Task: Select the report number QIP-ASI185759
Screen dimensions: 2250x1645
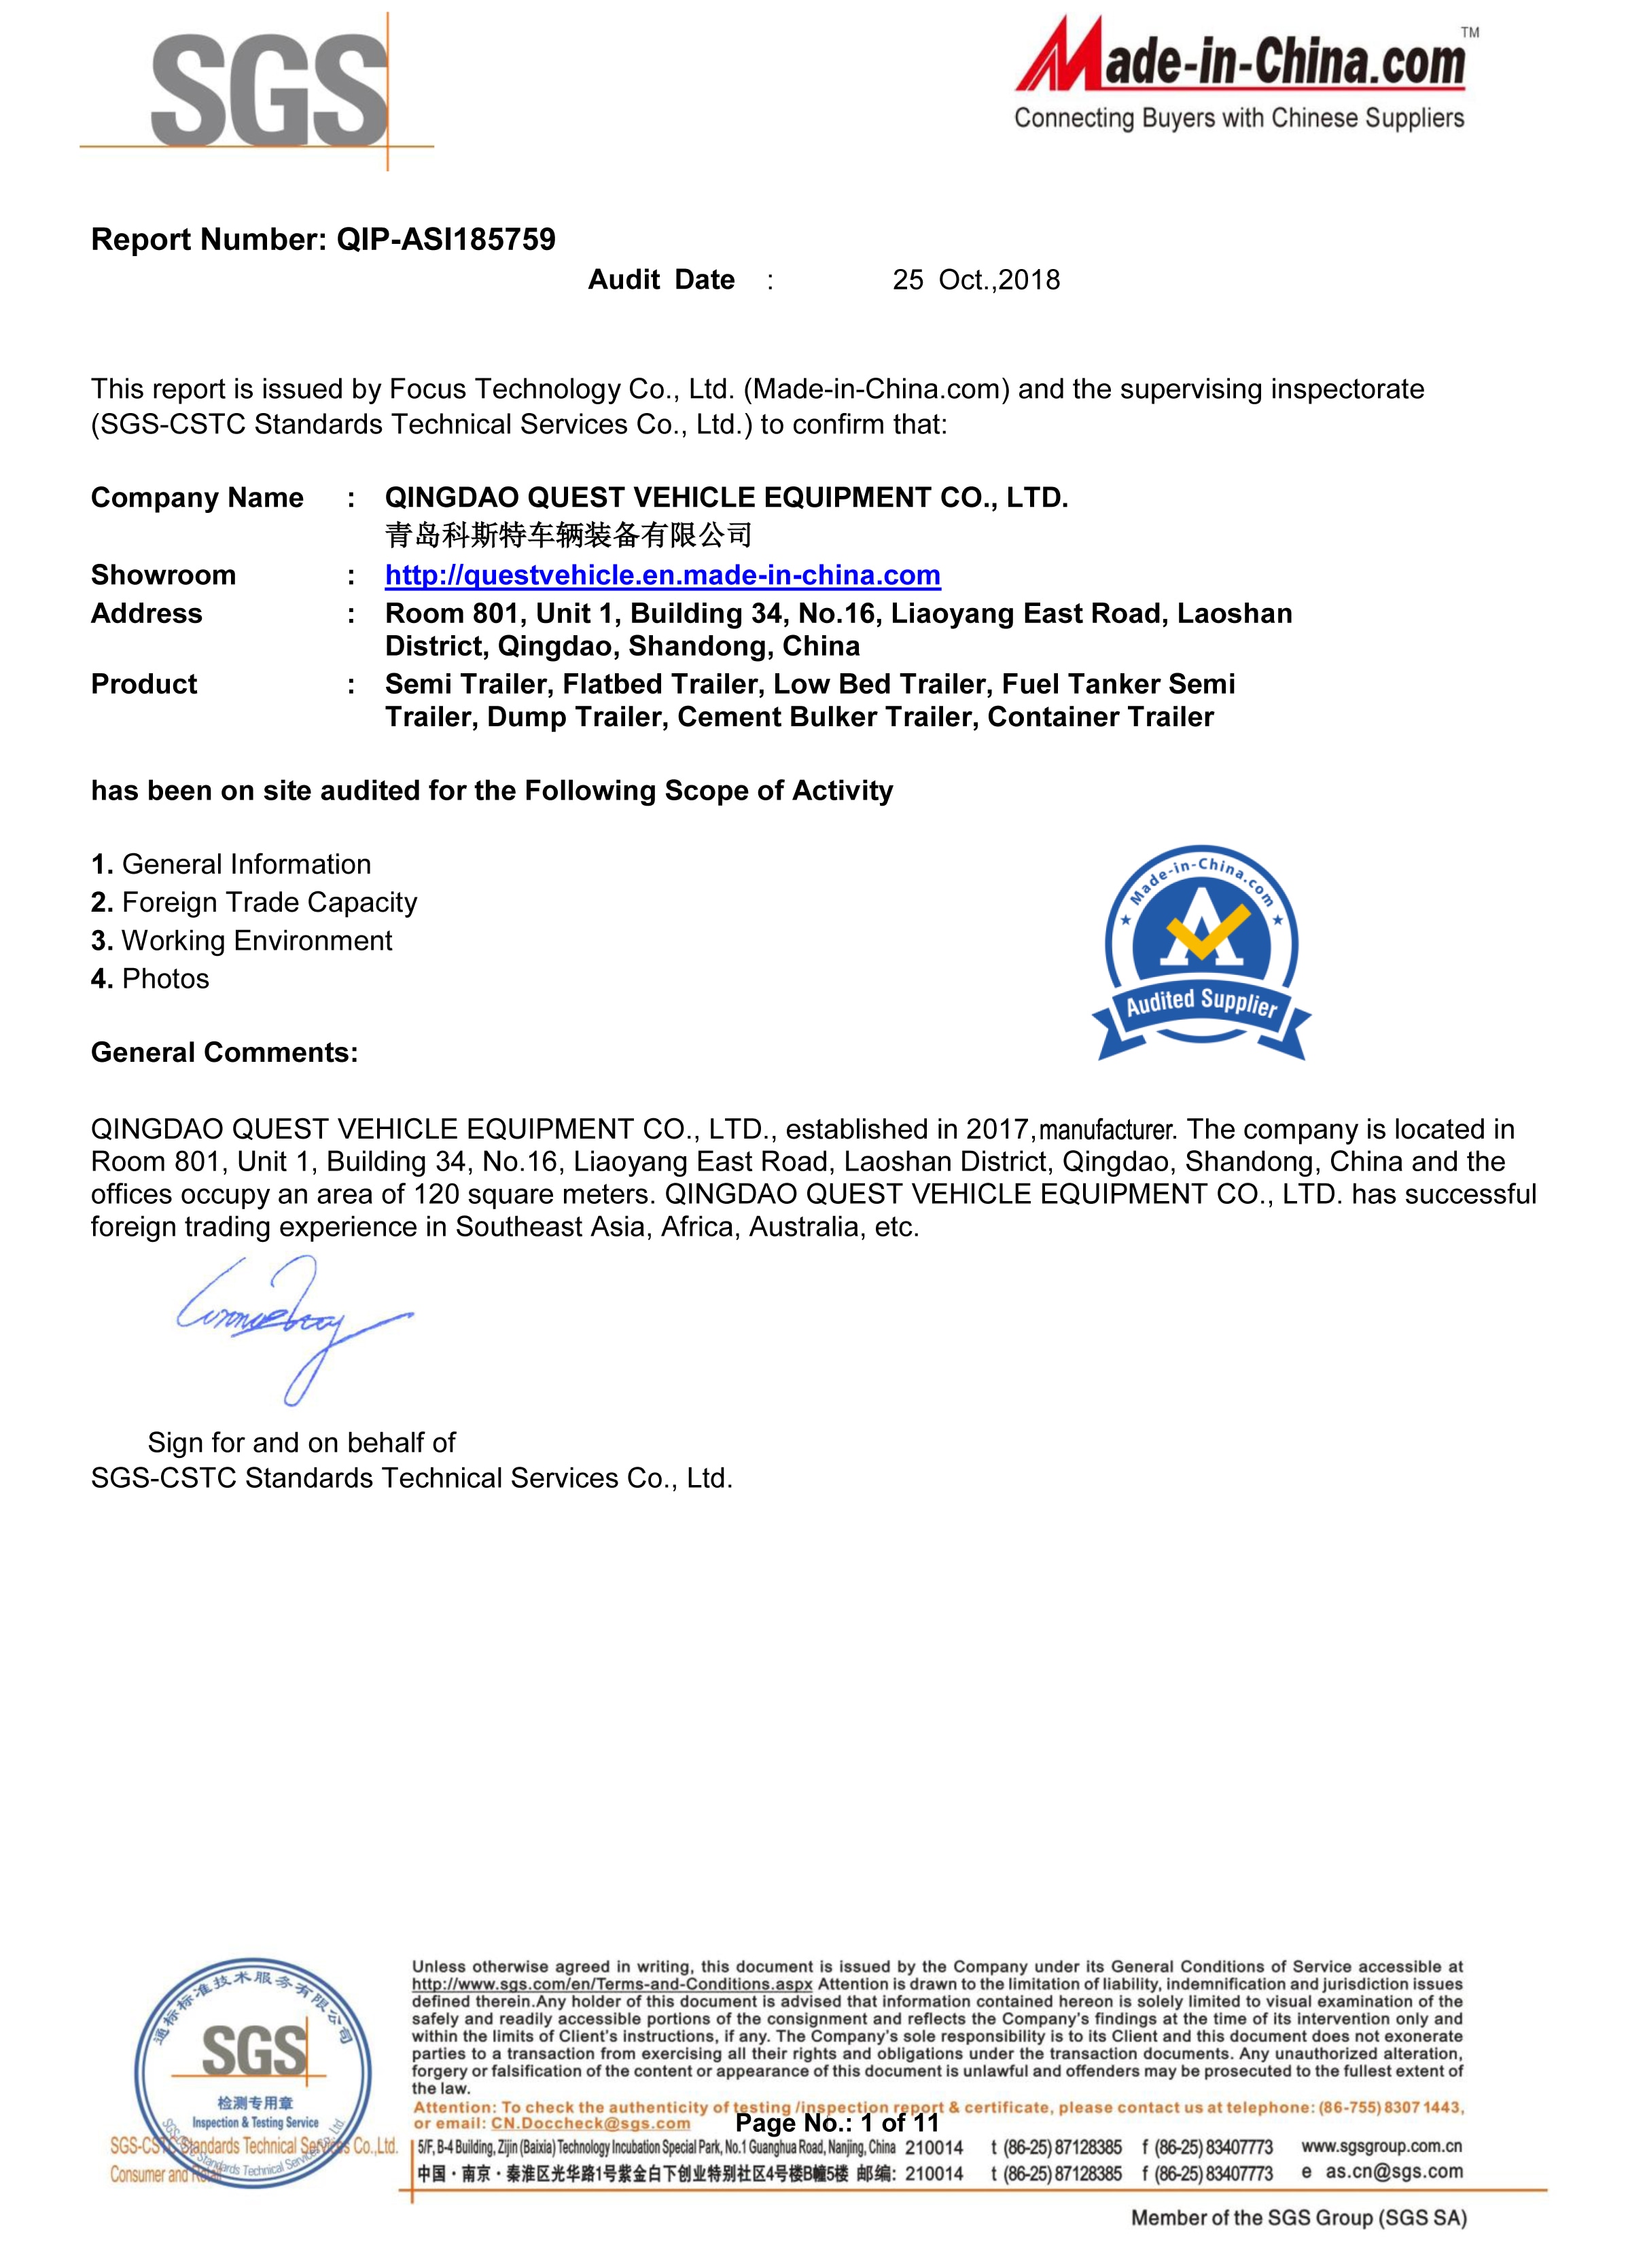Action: click(446, 240)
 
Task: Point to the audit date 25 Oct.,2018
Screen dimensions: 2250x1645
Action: click(976, 281)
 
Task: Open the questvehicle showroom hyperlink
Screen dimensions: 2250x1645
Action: click(662, 575)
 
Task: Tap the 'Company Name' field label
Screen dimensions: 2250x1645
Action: click(197, 498)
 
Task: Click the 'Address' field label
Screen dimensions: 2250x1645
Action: click(146, 613)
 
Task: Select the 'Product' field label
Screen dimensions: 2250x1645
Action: click(144, 684)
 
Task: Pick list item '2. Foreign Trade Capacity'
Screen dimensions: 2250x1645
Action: click(254, 902)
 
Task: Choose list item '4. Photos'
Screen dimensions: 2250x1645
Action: click(150, 979)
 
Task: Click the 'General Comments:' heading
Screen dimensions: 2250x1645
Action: click(224, 1052)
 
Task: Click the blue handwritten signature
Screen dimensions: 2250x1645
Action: click(289, 1324)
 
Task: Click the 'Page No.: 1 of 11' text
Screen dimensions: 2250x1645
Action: click(837, 2122)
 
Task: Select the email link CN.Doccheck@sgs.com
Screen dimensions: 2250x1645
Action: click(590, 2124)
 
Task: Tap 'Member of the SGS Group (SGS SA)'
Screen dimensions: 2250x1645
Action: click(1298, 2218)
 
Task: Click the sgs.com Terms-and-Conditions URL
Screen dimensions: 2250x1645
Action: click(612, 1984)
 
